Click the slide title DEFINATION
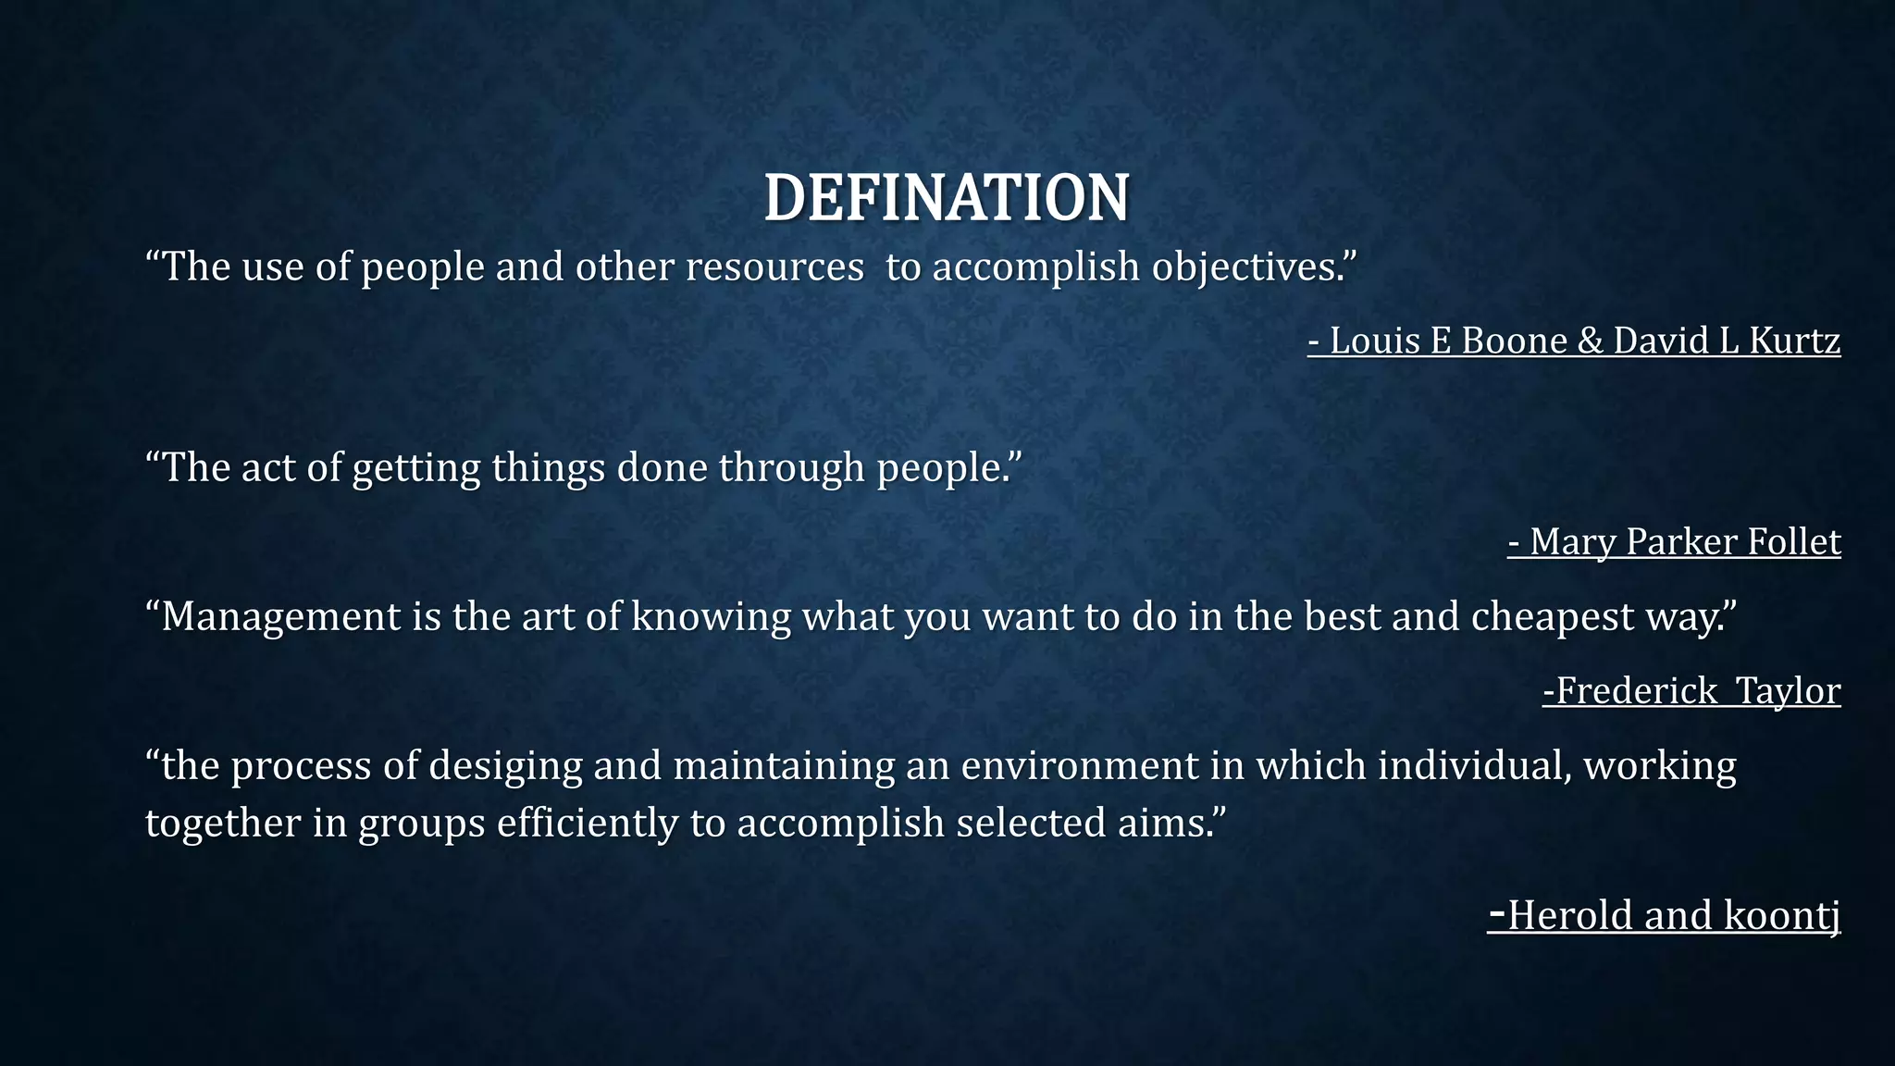coord(947,198)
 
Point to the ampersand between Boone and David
coord(1590,341)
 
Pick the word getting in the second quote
coord(416,468)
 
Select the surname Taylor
coord(1788,691)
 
